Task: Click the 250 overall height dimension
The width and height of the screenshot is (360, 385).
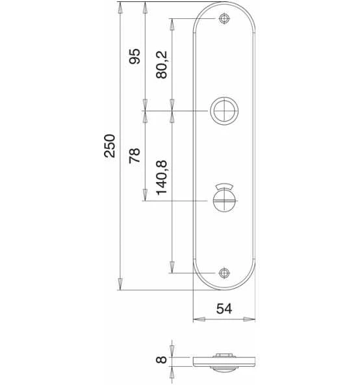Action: [110, 146]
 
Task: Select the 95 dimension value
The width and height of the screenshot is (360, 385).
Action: [135, 56]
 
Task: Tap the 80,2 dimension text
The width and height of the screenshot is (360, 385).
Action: [161, 64]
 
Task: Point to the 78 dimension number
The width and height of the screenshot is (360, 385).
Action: [135, 155]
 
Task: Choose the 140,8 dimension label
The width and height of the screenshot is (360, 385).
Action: [162, 178]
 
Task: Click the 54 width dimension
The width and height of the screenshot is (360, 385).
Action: [224, 309]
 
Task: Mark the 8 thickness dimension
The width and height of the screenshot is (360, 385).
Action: [161, 360]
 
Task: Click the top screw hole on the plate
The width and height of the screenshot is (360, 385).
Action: [224, 19]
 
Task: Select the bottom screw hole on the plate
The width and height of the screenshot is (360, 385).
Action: [224, 272]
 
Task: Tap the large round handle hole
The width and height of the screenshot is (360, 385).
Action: [224, 111]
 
